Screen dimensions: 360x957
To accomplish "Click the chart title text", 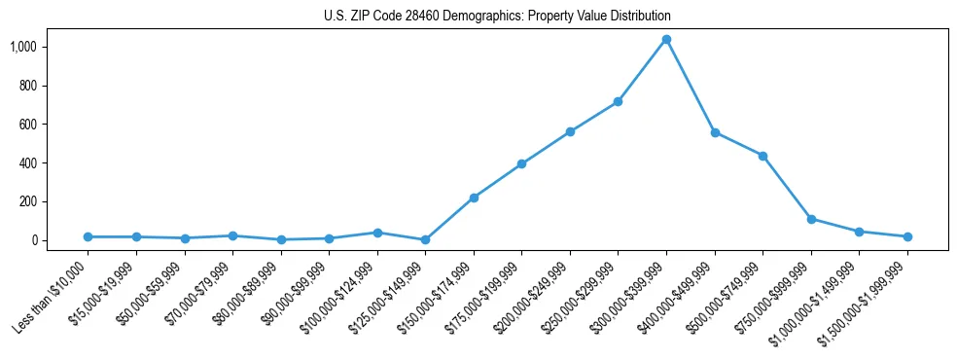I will (x=497, y=17).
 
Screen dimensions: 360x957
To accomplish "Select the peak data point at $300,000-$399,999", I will (x=666, y=39).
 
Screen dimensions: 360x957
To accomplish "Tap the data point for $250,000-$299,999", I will (x=618, y=101).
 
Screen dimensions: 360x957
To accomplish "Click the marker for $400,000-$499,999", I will (x=715, y=132).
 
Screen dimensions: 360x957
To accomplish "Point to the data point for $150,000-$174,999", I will (x=474, y=198).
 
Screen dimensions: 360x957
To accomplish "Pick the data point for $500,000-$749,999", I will (x=762, y=156).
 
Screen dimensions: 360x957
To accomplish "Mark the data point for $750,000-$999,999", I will (x=811, y=219).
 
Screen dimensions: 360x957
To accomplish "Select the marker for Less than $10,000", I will (x=88, y=236).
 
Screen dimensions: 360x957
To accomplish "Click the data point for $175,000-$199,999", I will (x=521, y=163).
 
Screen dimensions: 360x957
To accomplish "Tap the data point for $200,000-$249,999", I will (x=570, y=131).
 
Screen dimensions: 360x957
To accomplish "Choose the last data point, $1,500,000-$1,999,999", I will (x=907, y=236).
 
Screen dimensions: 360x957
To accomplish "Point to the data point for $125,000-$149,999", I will (x=425, y=239).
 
